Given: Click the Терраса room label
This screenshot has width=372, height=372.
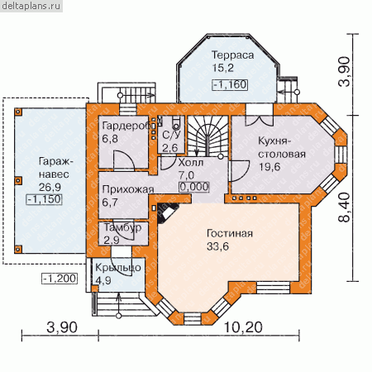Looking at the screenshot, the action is coord(232,55).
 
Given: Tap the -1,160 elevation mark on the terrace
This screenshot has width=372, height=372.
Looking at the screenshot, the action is coord(230,84).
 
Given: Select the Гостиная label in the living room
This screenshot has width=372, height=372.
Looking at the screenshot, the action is coord(230,233).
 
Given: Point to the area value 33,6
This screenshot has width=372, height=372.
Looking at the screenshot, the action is coord(217,246).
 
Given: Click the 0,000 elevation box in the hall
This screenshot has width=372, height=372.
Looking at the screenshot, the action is coord(194,187).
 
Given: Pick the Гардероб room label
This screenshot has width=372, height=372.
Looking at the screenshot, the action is coord(127,126).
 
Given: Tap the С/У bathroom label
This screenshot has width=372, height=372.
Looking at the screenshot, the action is coord(171,135).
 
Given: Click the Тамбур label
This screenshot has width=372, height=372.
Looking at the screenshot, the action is coord(122,227).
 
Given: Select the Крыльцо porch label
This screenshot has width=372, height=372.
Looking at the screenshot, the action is coord(118,268).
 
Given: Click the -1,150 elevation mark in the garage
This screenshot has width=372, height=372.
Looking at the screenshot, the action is coord(44,199).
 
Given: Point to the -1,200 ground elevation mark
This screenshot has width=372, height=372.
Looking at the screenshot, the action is coord(60,279).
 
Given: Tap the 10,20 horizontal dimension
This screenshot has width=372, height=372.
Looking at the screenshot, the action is coord(243,327).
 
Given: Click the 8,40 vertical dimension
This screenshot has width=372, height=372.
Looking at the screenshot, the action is coord(345,207).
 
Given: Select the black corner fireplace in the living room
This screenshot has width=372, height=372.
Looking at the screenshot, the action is coord(166,212).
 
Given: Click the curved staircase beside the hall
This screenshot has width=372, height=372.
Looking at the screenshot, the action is coord(208,136).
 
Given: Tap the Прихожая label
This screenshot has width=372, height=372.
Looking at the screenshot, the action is coord(128,189).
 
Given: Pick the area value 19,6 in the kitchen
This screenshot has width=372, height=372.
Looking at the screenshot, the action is coord(269,167).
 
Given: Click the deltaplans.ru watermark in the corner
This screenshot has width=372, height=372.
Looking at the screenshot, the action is coord(31,6).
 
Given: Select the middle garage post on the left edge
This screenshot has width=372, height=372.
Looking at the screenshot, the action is coord(18,180).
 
